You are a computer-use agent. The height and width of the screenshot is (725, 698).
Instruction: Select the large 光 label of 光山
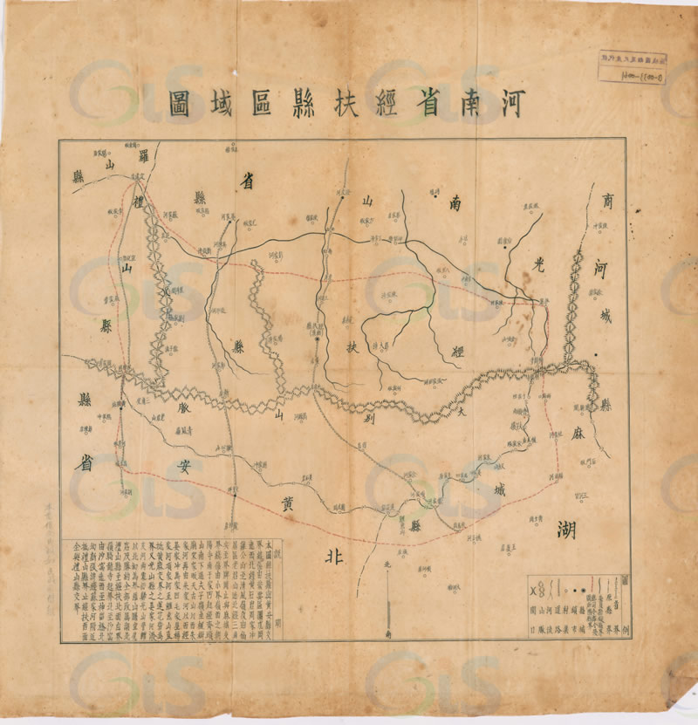point(529,262)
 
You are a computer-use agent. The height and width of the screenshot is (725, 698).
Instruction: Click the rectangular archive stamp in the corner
point(626,68)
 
